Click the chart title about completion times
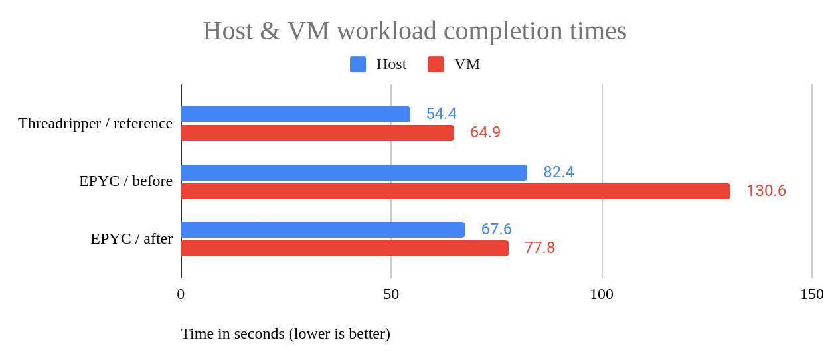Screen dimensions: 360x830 [414, 31]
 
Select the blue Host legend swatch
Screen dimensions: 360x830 [358, 64]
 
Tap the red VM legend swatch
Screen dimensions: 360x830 [436, 64]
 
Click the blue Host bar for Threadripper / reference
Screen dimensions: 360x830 [295, 114]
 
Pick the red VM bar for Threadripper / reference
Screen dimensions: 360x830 [317, 133]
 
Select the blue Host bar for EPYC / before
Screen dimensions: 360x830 [354, 173]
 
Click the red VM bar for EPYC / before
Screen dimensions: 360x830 [456, 191]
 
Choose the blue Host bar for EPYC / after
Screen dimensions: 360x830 [323, 230]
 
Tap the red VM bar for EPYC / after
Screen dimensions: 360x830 [345, 248]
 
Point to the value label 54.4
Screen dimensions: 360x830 [442, 114]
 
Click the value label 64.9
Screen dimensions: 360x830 [485, 133]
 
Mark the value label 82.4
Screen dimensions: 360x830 [558, 173]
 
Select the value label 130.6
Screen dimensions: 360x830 [766, 191]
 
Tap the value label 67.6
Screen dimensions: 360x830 [496, 230]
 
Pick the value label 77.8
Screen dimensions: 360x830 [539, 248]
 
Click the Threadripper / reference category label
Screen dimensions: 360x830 [95, 124]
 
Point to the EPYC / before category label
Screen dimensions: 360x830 [125, 181]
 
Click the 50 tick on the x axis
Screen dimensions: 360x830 [391, 294]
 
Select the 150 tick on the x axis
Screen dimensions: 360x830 [811, 294]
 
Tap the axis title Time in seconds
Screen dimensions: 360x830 [286, 333]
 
